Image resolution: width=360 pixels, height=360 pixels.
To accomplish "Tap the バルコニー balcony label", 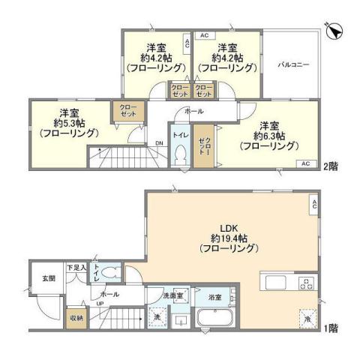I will click(294, 64).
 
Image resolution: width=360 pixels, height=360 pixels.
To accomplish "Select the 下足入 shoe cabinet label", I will click(76, 268).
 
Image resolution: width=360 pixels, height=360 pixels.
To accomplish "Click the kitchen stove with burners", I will click(306, 283).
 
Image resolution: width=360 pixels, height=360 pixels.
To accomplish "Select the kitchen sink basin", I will click(274, 283).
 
